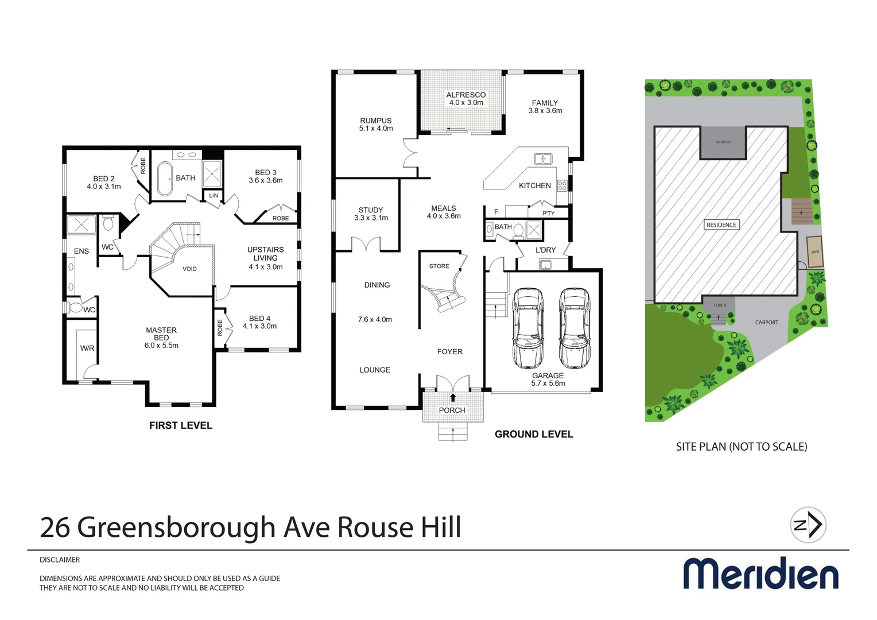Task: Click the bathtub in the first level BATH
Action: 165,179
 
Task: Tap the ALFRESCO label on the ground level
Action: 465,95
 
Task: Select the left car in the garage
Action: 528,328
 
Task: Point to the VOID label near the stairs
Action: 189,269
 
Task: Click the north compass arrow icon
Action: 808,525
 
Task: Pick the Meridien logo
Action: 760,573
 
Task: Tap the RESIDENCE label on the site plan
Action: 721,225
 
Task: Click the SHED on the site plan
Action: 814,252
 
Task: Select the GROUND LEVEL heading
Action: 534,435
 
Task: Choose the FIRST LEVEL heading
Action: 181,425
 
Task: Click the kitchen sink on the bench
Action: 543,159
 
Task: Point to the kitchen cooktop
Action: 562,185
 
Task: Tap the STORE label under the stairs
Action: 439,266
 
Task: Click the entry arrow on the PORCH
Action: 453,397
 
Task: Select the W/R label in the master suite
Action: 87,348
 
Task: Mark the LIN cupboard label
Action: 214,196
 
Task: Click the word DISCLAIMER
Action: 60,560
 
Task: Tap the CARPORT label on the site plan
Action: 766,323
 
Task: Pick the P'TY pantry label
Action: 549,214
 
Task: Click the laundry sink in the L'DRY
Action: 546,265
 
